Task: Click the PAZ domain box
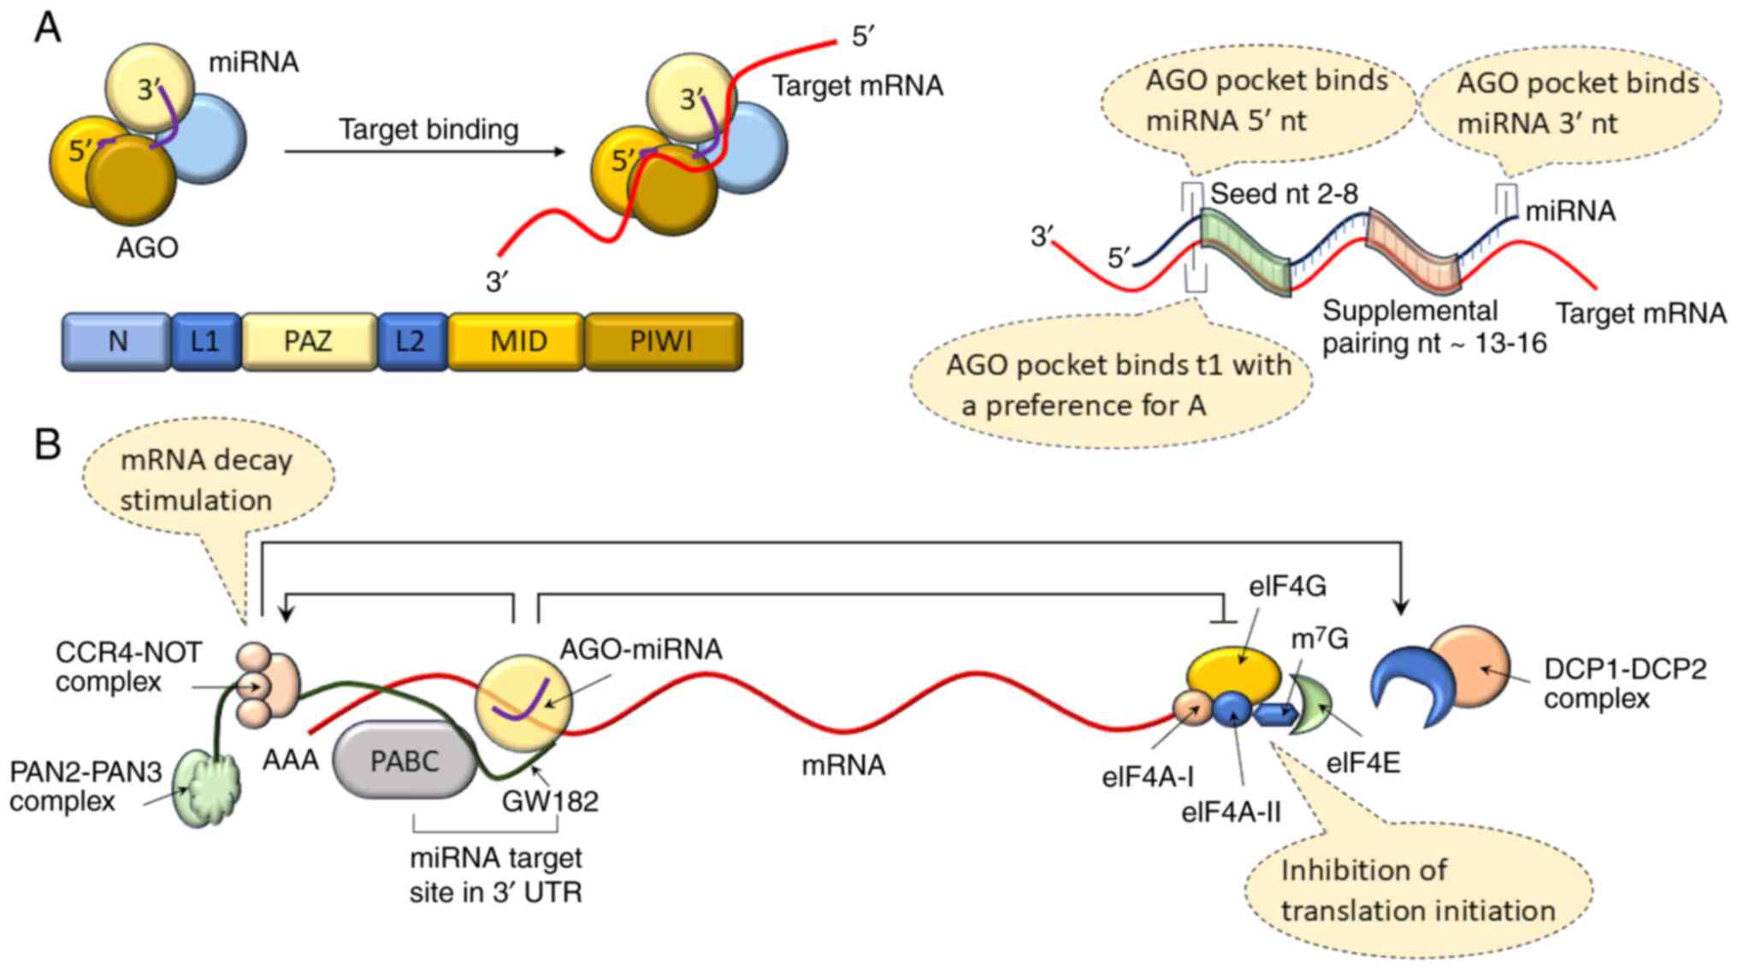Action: point(309,342)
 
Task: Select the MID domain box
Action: point(517,342)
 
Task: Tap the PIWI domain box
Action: point(663,342)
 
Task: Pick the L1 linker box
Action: point(205,342)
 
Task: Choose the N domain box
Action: point(117,342)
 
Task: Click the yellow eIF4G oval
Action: point(1233,675)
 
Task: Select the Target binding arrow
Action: point(425,152)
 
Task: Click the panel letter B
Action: point(47,445)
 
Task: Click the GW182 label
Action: point(549,802)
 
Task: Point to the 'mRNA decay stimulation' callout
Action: point(206,480)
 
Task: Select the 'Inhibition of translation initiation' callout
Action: point(1417,891)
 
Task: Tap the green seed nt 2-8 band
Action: point(1245,253)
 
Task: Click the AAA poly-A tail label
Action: point(291,760)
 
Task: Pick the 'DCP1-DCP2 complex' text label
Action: point(1624,684)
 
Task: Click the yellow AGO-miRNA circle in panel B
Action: point(523,702)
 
